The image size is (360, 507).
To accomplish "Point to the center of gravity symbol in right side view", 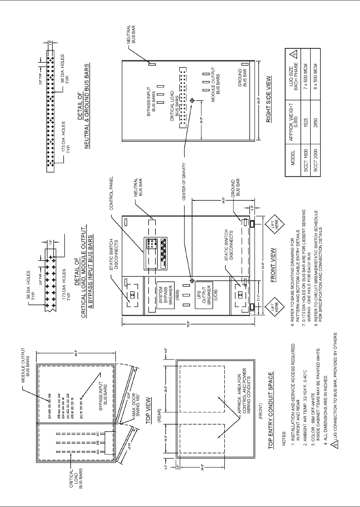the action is click(x=192, y=101).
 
